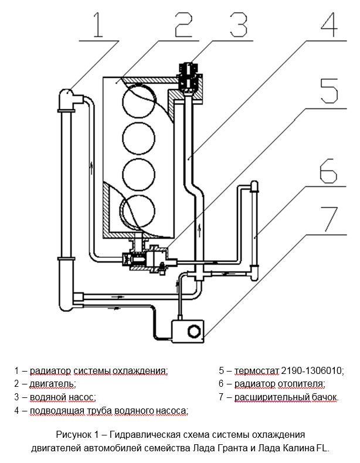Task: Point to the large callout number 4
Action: tap(329, 25)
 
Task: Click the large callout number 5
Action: tap(329, 91)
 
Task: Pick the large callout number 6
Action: tap(328, 171)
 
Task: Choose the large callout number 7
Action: tap(329, 219)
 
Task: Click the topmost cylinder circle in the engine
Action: tap(138, 101)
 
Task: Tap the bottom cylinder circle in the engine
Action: tap(138, 211)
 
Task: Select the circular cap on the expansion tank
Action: tap(194, 331)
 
